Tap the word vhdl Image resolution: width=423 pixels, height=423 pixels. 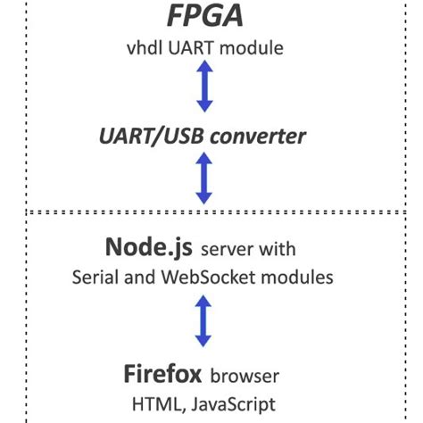tap(144, 48)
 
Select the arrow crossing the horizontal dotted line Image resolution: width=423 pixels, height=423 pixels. tap(204, 178)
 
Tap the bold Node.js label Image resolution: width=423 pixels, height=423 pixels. tap(146, 245)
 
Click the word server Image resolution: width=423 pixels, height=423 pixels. tap(229, 247)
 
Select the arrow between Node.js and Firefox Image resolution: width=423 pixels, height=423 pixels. tap(204, 321)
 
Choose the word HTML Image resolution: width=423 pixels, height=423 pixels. tap(154, 403)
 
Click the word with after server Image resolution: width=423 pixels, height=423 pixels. tap(278, 247)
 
